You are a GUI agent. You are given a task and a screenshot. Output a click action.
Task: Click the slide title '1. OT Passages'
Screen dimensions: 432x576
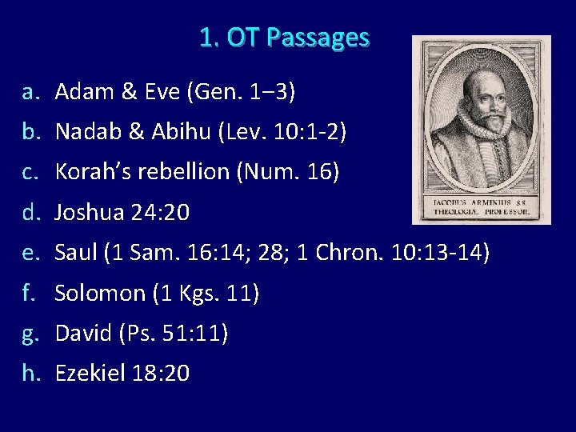point(285,38)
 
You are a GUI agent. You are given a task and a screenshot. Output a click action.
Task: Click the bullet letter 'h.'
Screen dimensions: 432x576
point(30,373)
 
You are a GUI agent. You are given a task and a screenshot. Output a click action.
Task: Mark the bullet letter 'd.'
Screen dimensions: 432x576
point(30,213)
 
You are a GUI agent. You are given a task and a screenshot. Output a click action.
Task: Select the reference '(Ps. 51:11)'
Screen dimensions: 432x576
point(174,333)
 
